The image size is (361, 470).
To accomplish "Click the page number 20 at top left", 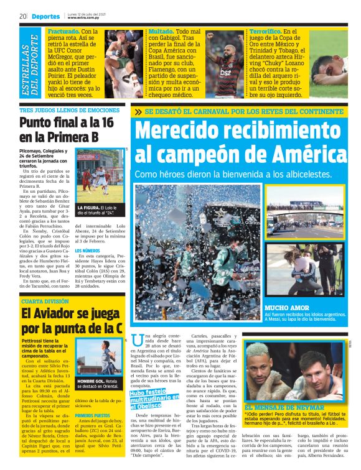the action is coord(22,16).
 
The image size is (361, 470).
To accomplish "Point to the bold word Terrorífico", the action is coord(265,30).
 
